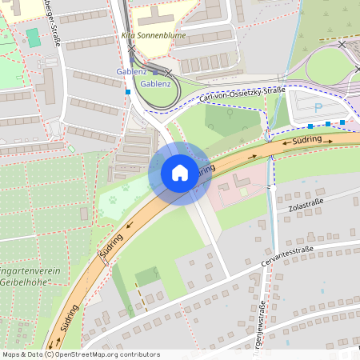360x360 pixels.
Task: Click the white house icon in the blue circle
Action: pyautogui.click(x=179, y=173)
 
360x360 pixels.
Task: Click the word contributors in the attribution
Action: pyautogui.click(x=138, y=354)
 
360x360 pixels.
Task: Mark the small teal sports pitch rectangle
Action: pyautogui.click(x=33, y=38)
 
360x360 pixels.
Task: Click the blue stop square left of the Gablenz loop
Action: pyautogui.click(x=128, y=92)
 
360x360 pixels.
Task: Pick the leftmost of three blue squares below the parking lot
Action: pyautogui.click(x=310, y=126)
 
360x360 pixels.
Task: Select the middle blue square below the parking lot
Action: pyautogui.click(x=327, y=124)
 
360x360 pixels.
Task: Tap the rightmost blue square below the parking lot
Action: pyautogui.click(x=342, y=122)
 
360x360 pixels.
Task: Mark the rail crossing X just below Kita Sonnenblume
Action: pyautogui.click(x=131, y=48)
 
